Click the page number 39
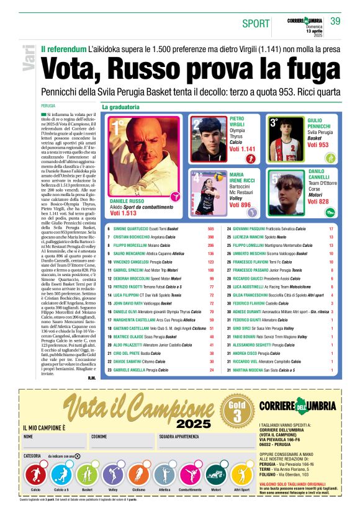coord(336,21)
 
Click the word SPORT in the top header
coord(256,24)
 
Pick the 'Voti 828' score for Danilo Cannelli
coord(318,202)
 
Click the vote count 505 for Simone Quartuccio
coord(210,229)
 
